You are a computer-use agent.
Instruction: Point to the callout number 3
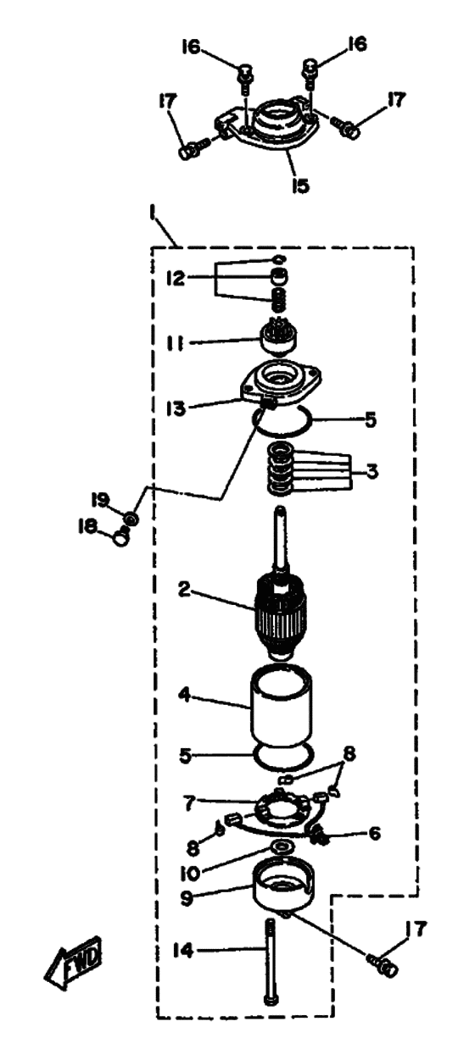point(371,473)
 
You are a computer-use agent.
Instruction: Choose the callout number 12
point(176,278)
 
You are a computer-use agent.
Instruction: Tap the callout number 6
point(374,833)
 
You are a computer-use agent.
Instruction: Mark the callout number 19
point(100,500)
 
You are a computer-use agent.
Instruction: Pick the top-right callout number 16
point(356,44)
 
